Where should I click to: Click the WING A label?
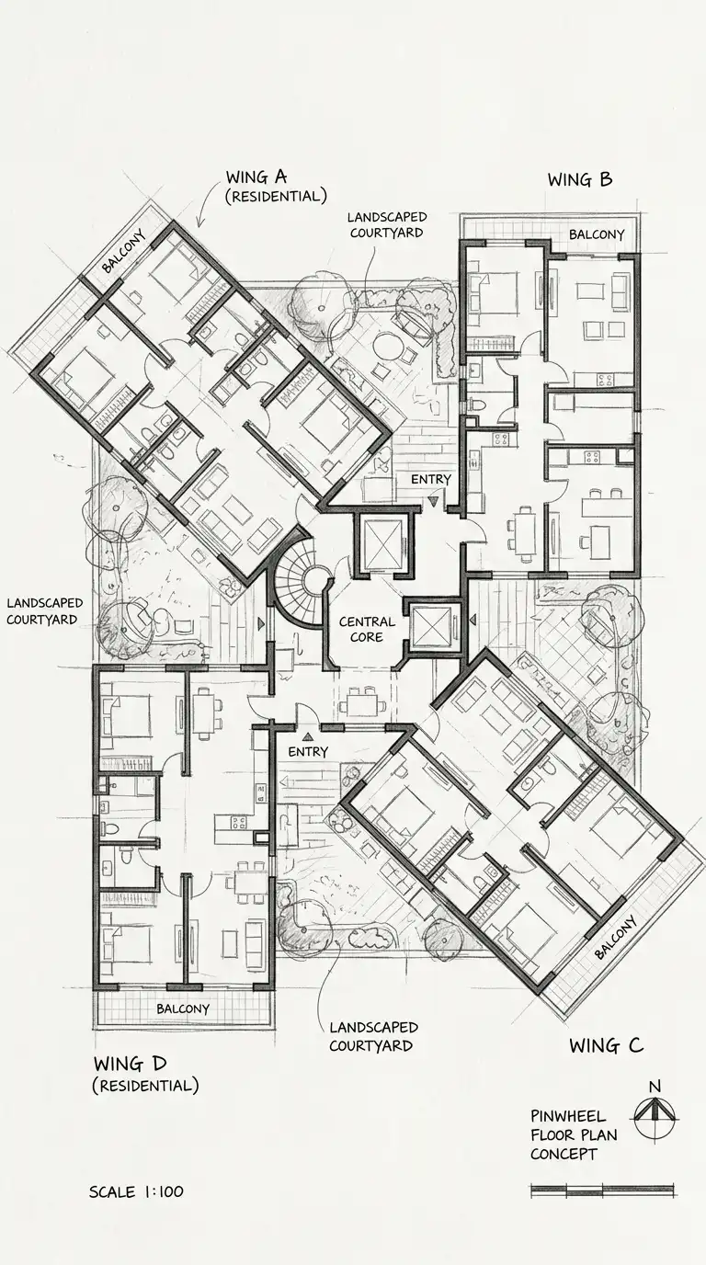pos(256,177)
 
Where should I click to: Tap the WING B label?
pos(580,180)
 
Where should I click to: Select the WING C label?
pos(606,1045)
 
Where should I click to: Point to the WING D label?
pos(131,1064)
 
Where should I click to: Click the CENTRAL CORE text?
pos(367,629)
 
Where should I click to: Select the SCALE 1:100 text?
pos(136,1191)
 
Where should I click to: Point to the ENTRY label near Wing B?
pos(431,480)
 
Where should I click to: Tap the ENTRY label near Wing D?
pos(308,752)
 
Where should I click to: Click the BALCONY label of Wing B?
pos(597,234)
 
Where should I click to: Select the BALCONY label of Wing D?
pos(183,1009)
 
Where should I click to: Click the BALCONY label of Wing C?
pos(616,937)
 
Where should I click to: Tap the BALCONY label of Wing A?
pos(124,251)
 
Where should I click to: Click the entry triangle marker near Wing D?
pos(308,736)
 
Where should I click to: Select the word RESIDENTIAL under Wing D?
pos(146,1086)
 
